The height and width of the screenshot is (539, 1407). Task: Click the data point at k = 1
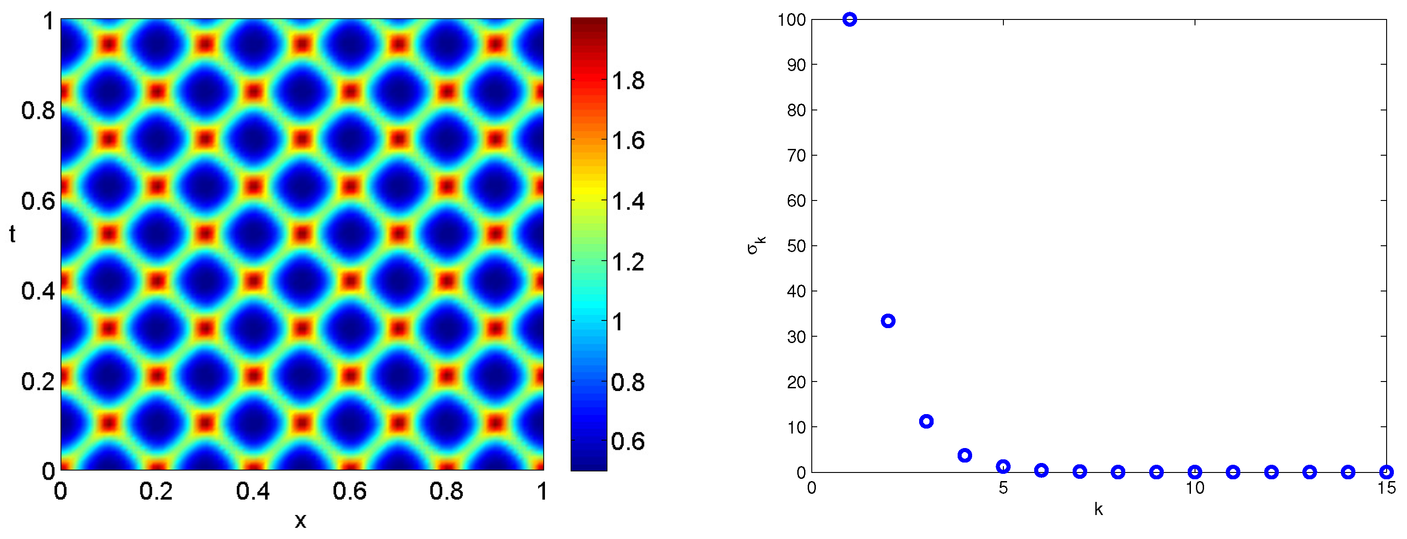click(849, 19)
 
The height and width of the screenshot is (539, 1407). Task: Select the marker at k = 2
click(888, 321)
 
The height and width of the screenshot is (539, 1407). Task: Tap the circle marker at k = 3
click(926, 421)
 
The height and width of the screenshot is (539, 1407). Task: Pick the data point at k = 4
click(964, 455)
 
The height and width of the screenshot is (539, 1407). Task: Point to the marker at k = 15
click(1386, 472)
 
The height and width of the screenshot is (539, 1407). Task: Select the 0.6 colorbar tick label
click(628, 441)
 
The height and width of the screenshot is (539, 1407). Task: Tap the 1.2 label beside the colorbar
click(628, 262)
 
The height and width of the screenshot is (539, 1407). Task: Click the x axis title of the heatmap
click(300, 520)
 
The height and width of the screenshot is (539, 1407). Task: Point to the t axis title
click(12, 234)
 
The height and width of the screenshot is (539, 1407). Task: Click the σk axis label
click(757, 245)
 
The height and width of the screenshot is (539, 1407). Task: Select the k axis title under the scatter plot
click(1099, 510)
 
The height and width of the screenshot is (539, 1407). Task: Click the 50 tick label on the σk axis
click(796, 246)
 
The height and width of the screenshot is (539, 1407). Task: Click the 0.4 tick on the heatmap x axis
click(253, 491)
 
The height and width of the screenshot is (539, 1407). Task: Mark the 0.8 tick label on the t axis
click(38, 111)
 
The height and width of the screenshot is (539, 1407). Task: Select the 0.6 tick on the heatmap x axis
click(350, 491)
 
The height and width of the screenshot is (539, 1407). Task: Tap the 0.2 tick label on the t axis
click(38, 382)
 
